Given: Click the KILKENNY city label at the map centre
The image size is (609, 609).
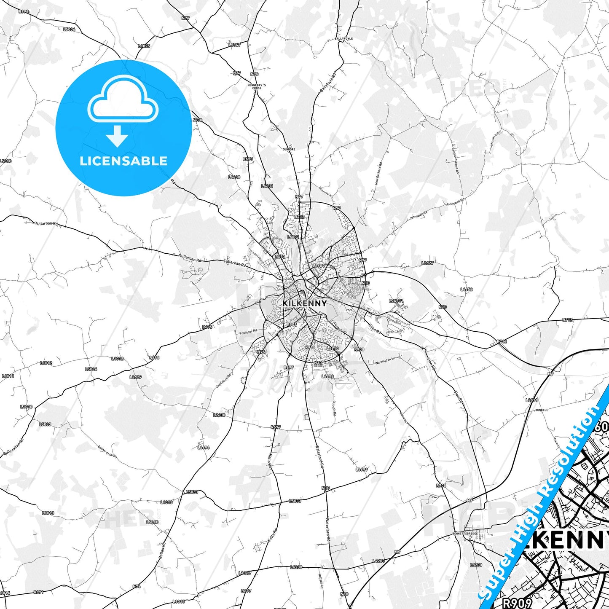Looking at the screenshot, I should [x=304, y=303].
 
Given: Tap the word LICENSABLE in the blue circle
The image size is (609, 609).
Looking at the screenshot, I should [x=123, y=161].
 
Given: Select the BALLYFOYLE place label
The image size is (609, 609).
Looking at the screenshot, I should [x=343, y=38].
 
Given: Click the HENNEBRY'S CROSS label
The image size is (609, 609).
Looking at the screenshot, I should [x=257, y=86].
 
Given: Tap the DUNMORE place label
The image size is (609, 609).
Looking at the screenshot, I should [x=289, y=149].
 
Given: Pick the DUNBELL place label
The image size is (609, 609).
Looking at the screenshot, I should [x=542, y=410].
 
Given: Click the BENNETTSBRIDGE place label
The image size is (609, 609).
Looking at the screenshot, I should [x=465, y=534].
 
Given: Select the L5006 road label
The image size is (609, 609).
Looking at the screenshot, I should [x=69, y=30].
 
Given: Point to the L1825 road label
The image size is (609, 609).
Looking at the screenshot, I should [x=144, y=46].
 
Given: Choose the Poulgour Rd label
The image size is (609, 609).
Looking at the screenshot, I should [x=248, y=333].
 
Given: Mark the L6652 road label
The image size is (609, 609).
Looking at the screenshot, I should [x=467, y=290].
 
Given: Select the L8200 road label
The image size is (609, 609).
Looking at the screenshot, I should [x=476, y=564].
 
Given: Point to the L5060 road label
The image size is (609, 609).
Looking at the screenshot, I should [x=152, y=522].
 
